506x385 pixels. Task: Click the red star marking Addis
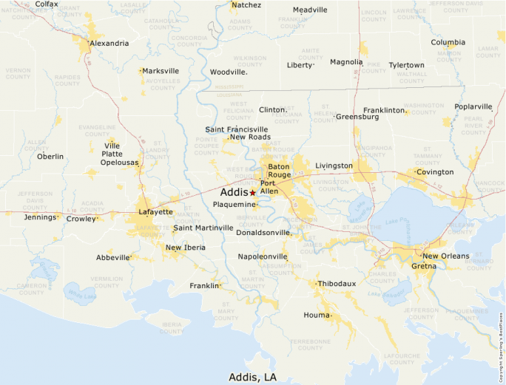point(252,192)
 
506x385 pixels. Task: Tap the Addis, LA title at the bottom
point(252,377)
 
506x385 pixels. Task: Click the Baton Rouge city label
point(280,170)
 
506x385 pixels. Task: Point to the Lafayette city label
point(155,212)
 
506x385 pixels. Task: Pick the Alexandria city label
point(109,43)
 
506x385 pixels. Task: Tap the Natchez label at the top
point(246,5)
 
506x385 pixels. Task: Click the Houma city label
point(317,316)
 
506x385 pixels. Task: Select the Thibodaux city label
point(337,284)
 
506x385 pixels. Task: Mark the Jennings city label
point(40,217)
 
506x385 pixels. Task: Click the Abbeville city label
point(112,257)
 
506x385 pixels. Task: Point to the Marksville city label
point(161,71)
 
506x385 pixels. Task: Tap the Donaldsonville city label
point(263,232)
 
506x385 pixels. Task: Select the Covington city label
point(434,172)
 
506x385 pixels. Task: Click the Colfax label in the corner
point(47,4)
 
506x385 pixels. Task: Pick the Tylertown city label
point(406,65)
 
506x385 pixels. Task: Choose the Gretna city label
point(425,265)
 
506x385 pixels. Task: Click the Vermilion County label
point(107,282)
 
